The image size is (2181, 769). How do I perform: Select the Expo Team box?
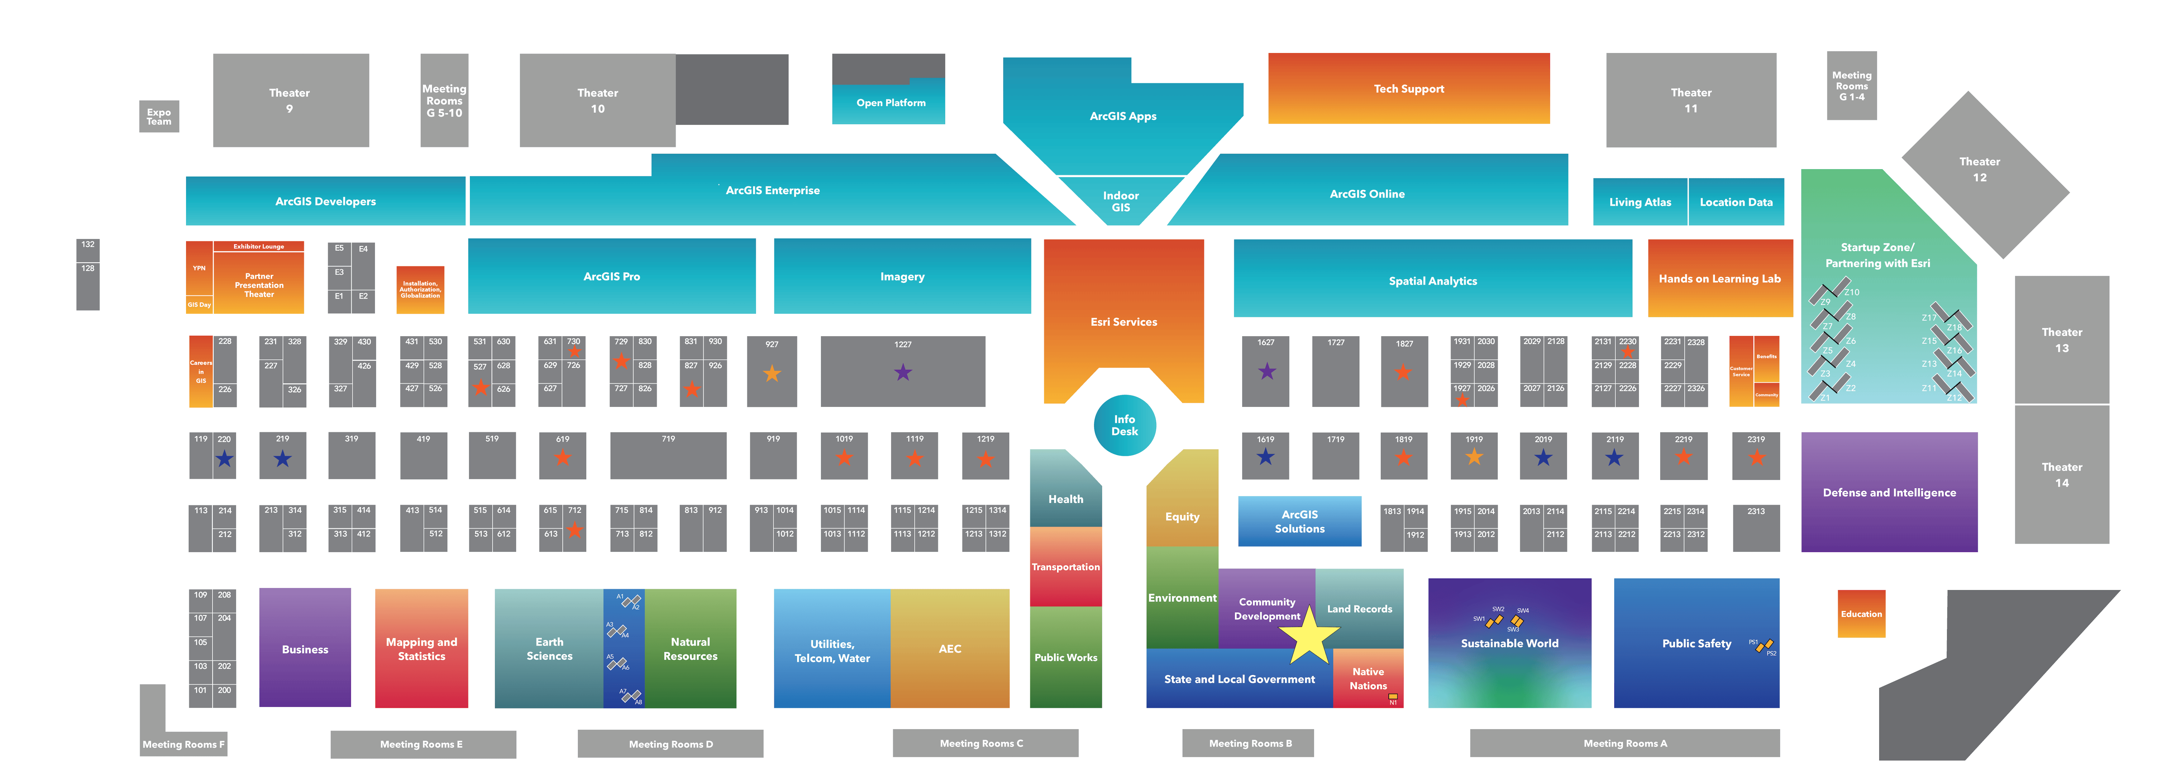click(x=158, y=117)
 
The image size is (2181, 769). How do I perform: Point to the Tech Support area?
click(x=1408, y=89)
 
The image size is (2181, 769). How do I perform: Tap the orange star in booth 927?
click(x=771, y=374)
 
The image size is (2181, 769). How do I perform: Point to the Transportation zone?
click(x=1065, y=566)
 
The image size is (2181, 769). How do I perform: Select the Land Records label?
click(x=1359, y=609)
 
